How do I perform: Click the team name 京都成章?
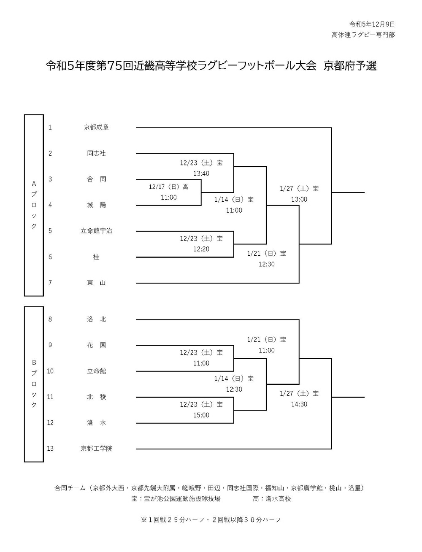(x=96, y=127)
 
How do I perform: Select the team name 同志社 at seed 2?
(x=96, y=153)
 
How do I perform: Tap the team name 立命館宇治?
(x=96, y=231)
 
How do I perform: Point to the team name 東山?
(x=96, y=283)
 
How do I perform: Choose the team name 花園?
(x=96, y=345)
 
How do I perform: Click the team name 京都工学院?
(x=96, y=448)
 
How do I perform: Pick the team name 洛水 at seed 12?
(x=96, y=422)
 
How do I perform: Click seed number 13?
(x=50, y=448)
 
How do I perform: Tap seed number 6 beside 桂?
(x=50, y=257)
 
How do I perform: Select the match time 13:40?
(x=201, y=173)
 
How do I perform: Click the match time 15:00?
(x=201, y=415)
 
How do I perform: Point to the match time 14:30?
(x=299, y=404)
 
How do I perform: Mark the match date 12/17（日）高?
(x=168, y=187)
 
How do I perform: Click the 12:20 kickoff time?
(x=201, y=249)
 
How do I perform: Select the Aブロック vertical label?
(x=34, y=205)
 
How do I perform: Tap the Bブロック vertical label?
(x=34, y=384)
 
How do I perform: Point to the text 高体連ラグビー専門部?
(x=363, y=35)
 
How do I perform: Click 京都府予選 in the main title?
(x=350, y=66)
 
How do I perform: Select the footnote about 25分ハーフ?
(x=211, y=520)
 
